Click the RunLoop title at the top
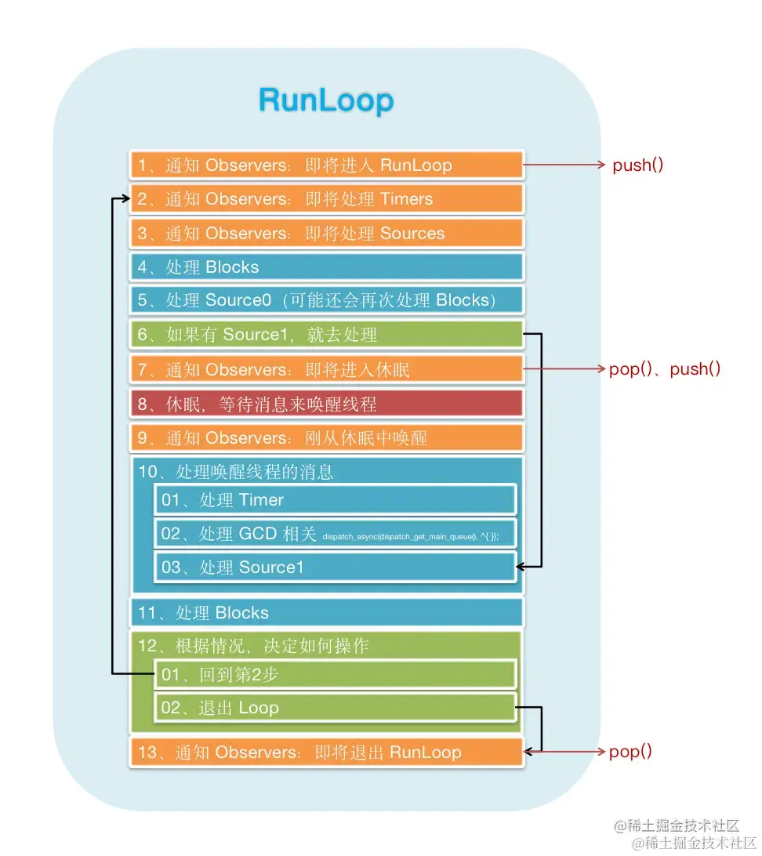(x=326, y=101)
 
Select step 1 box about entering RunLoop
(x=326, y=165)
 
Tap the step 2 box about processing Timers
(x=326, y=199)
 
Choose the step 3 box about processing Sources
(x=326, y=234)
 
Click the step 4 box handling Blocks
(x=326, y=267)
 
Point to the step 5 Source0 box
(x=326, y=301)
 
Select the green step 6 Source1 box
(x=326, y=336)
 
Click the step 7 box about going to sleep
(x=326, y=369)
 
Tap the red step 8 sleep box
(x=326, y=404)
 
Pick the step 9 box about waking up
(x=326, y=437)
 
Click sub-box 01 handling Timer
(x=336, y=500)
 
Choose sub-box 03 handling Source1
(x=336, y=568)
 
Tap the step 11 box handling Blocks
(x=326, y=613)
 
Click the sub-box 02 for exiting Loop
(x=336, y=708)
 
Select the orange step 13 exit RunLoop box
(x=326, y=753)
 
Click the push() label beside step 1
(x=638, y=165)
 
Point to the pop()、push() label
(x=665, y=369)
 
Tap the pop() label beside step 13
(x=631, y=752)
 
